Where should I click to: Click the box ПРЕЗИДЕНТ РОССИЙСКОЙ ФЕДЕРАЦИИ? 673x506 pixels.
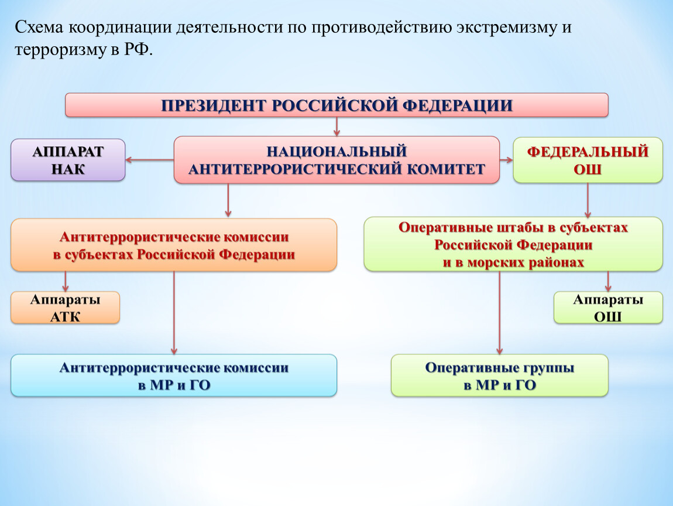(x=336, y=105)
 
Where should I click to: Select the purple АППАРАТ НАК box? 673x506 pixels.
(x=68, y=160)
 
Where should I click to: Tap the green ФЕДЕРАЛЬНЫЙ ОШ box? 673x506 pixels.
(x=588, y=160)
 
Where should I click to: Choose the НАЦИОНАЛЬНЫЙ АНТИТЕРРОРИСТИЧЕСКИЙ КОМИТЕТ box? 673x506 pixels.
(x=336, y=160)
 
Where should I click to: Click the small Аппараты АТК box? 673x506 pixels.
(x=65, y=308)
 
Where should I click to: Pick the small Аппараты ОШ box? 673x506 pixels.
(x=608, y=308)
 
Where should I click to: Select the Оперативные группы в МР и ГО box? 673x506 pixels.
(x=499, y=376)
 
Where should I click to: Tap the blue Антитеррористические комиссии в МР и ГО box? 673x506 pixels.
(x=174, y=376)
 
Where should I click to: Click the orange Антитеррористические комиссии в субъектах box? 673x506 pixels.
(x=174, y=245)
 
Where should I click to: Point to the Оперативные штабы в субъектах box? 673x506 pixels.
(x=513, y=244)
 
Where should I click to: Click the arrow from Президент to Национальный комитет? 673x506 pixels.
(x=337, y=126)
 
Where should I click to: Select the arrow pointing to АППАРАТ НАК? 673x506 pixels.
(x=149, y=159)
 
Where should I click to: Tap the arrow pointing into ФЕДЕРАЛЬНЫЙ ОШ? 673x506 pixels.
(x=506, y=159)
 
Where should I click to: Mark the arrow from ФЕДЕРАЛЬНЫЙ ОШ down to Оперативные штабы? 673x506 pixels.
(x=588, y=200)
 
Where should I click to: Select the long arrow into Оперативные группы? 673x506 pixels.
(x=499, y=313)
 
